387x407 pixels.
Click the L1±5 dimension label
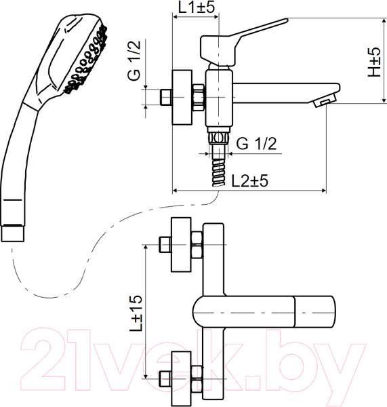[x=197, y=7]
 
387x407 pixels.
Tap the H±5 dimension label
[x=374, y=62]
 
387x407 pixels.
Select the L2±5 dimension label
[x=249, y=180]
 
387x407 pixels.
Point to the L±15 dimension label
[x=136, y=313]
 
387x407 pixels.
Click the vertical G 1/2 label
[x=134, y=60]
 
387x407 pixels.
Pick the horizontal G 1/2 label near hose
[x=256, y=143]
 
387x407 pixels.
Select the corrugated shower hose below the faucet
[x=219, y=172]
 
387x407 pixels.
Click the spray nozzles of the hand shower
[x=86, y=60]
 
